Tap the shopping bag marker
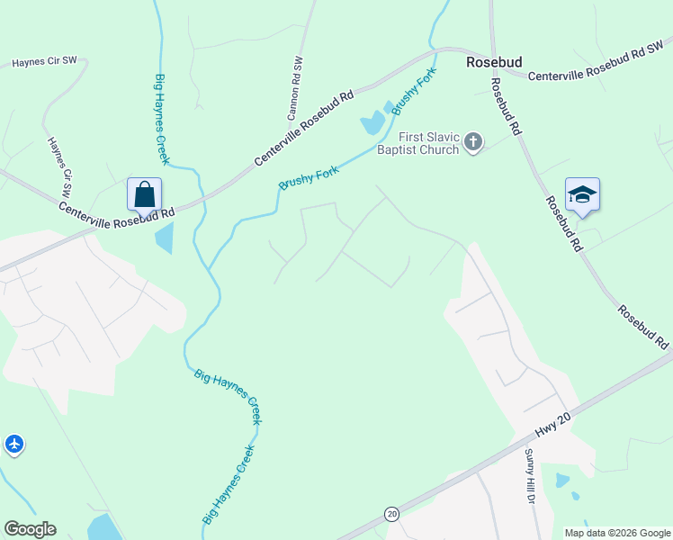tap(145, 193)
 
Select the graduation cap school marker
tap(582, 195)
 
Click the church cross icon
tap(473, 142)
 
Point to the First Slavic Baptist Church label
tap(417, 143)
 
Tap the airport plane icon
tap(13, 444)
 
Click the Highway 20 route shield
tap(391, 513)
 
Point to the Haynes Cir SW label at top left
tap(44, 62)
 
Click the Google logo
tap(30, 529)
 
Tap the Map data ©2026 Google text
tap(616, 532)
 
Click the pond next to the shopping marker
tap(164, 238)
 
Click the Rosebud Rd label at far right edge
tap(642, 328)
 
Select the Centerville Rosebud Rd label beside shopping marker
tap(117, 212)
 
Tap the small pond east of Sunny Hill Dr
tap(562, 480)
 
